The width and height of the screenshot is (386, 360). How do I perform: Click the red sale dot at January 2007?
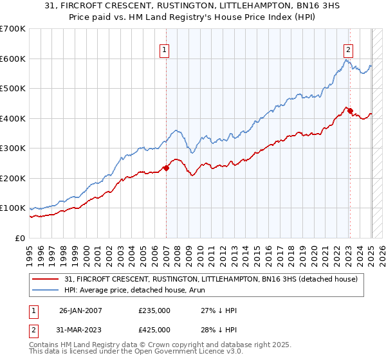tap(166, 168)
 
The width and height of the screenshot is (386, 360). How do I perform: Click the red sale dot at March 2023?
tap(350, 111)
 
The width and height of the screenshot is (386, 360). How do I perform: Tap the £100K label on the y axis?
tap(13, 208)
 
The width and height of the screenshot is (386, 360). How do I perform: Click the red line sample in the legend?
tap(47, 278)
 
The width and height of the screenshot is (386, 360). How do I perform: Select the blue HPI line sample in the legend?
tap(47, 291)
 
